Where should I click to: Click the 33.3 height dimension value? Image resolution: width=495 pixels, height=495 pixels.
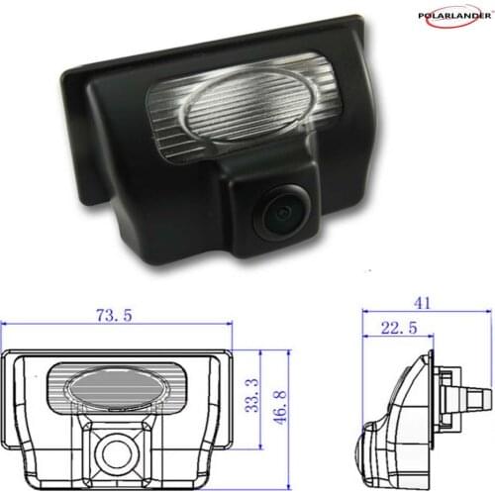pos(251,395)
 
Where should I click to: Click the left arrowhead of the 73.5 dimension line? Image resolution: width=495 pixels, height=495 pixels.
pos(6,326)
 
